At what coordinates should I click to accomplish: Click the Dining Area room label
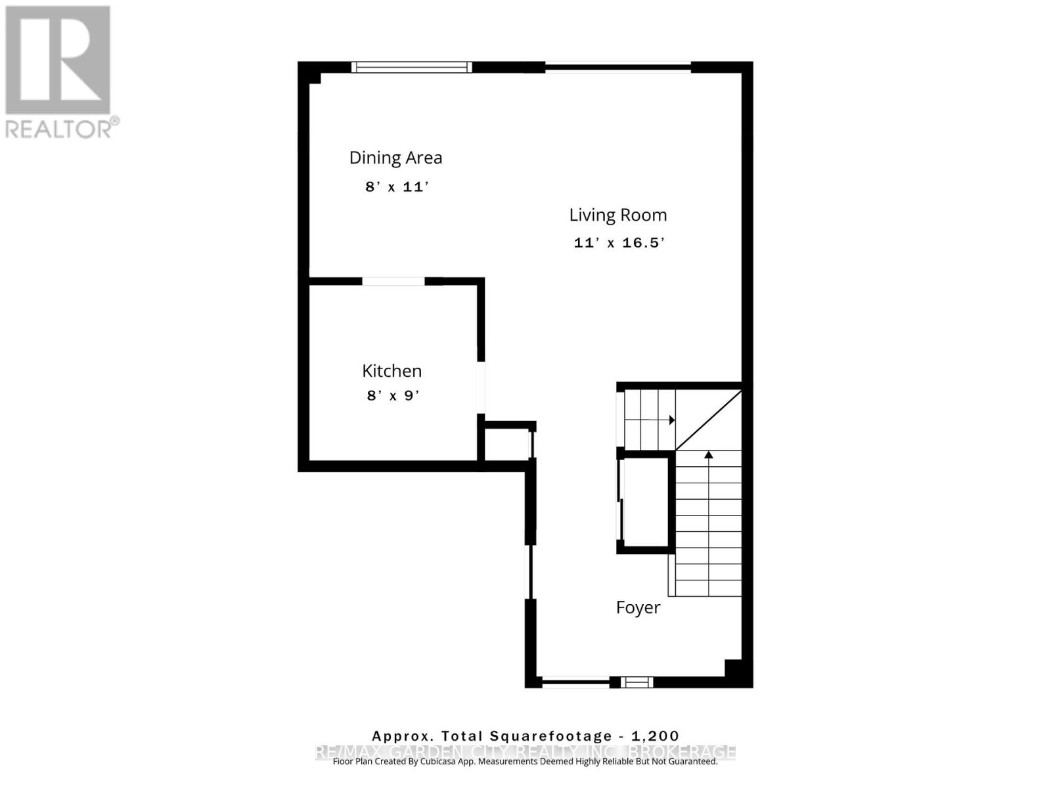tap(395, 158)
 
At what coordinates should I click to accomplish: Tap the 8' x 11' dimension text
tap(396, 187)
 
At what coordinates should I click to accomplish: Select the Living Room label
tap(617, 215)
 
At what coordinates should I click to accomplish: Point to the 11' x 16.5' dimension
tap(619, 243)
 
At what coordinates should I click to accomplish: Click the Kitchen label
tap(391, 370)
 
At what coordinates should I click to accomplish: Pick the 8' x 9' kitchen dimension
tap(393, 396)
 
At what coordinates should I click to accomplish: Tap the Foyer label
tap(638, 607)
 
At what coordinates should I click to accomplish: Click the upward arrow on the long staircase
tap(708, 454)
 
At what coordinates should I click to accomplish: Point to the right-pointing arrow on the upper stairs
tap(671, 420)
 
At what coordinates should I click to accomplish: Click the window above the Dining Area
tap(411, 66)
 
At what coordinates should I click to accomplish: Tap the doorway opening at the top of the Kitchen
tap(393, 281)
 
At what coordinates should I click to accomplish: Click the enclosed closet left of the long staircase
tap(644, 502)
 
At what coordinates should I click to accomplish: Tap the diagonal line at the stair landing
tap(709, 420)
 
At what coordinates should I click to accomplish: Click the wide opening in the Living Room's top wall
tap(617, 66)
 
